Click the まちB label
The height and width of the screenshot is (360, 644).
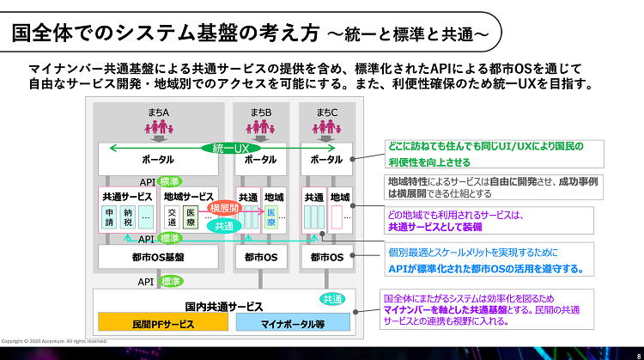pos(261,112)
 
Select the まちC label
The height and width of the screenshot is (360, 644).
pos(326,112)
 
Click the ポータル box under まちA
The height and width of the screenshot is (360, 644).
pos(157,160)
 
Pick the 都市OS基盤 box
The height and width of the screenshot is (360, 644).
pos(157,256)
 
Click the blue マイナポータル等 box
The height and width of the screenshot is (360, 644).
pos(293,324)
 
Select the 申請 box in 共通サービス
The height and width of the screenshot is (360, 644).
pos(110,218)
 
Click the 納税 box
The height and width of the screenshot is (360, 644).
pos(128,218)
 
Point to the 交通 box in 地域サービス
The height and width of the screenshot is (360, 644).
pos(172,218)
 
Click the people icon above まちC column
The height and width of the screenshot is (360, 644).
pos(326,127)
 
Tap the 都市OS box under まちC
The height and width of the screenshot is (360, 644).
pos(326,256)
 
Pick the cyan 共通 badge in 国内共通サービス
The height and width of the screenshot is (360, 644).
pos(331,298)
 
